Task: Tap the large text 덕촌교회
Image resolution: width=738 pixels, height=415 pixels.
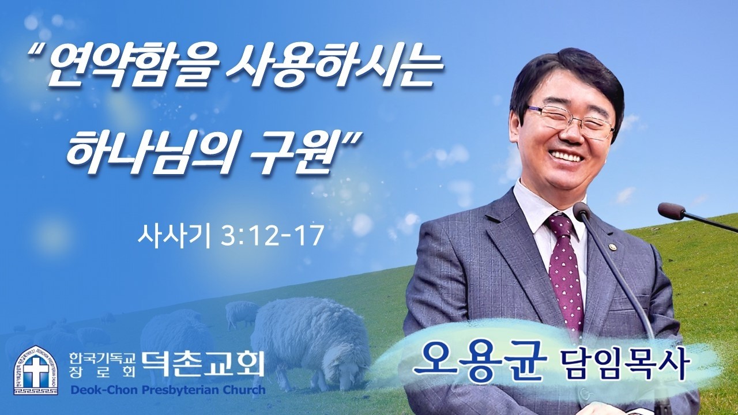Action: pyautogui.click(x=204, y=363)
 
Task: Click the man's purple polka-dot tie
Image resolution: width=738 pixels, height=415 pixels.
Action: pyautogui.click(x=564, y=271)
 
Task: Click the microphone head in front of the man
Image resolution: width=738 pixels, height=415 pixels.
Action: pyautogui.click(x=582, y=212)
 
